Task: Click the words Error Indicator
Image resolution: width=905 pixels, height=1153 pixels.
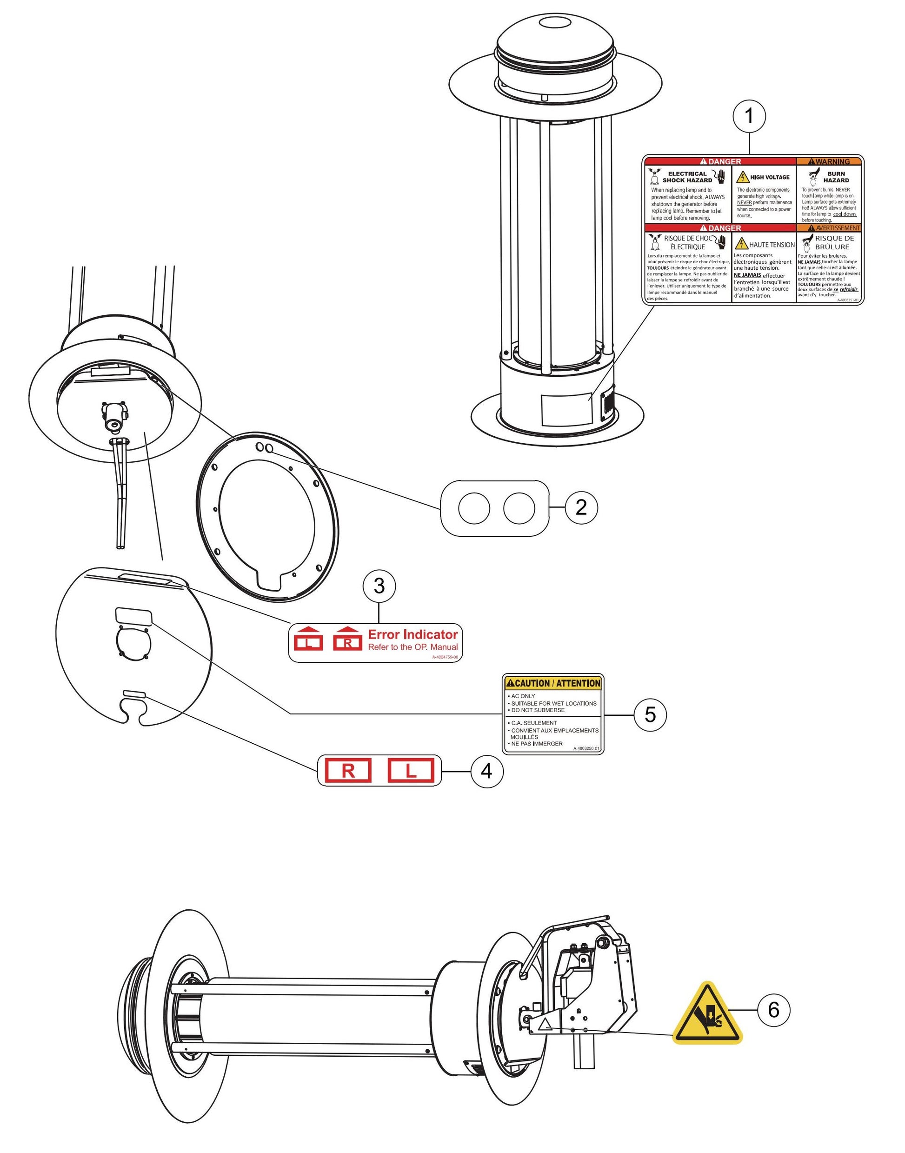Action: [413, 634]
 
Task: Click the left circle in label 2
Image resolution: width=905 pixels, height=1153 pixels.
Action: [474, 508]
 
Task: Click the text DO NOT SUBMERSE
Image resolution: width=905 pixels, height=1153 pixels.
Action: [537, 710]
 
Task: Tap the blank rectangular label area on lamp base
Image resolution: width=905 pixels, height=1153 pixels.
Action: [566, 409]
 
